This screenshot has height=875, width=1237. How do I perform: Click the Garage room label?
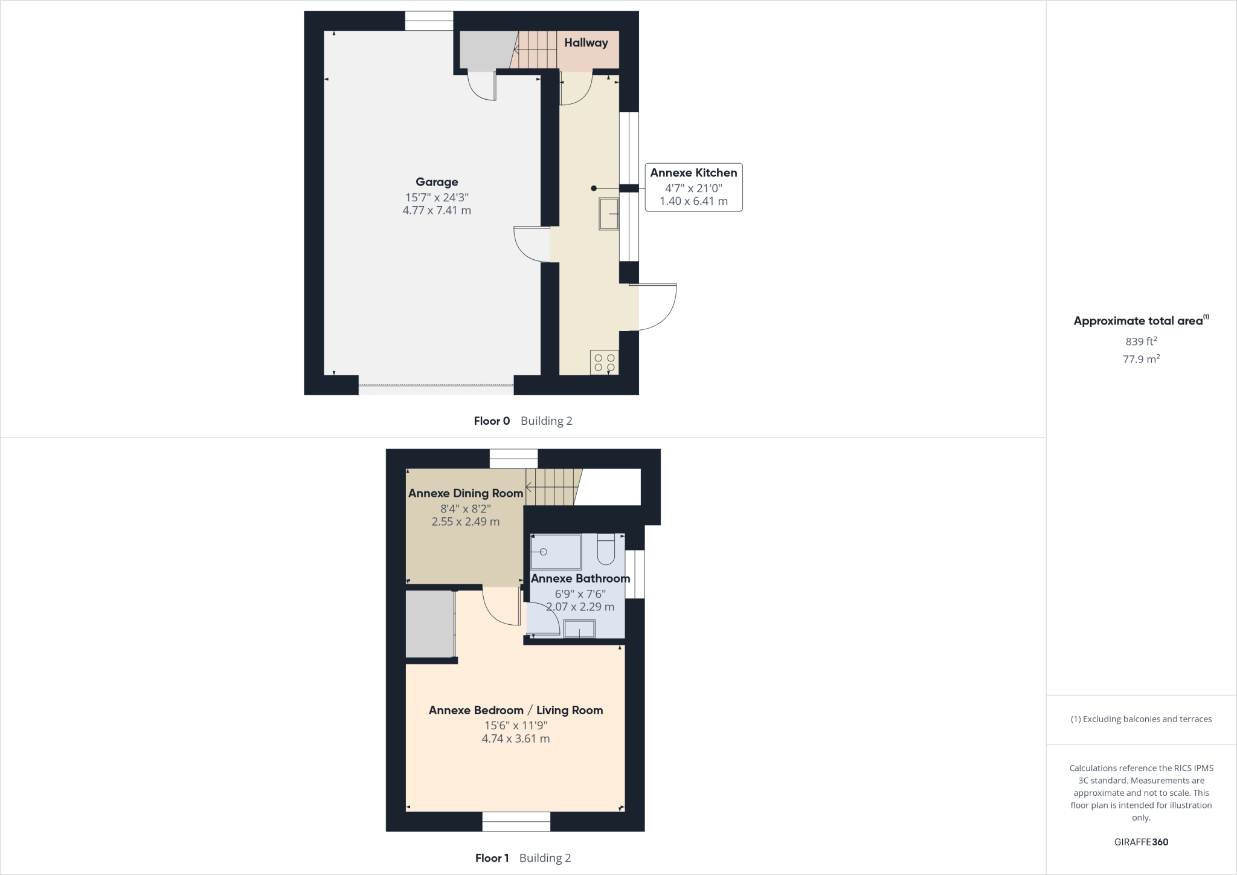tap(437, 182)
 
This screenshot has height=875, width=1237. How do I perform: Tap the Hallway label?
tap(586, 43)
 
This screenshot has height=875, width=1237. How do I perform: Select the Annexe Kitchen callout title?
tap(693, 173)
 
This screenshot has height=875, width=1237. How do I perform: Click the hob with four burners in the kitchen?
tap(605, 363)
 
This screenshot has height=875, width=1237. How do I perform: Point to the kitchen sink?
tap(609, 213)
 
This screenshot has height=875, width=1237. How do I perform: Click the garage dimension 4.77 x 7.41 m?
tap(437, 210)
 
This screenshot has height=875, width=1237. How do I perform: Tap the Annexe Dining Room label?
tap(466, 493)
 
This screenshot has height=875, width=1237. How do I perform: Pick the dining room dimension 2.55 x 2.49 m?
tap(466, 521)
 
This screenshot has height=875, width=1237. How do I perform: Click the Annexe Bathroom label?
tap(580, 578)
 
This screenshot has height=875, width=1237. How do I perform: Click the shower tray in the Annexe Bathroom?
tap(555, 552)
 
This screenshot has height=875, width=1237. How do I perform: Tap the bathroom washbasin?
tap(579, 630)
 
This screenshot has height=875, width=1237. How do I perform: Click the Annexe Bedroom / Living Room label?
tap(516, 710)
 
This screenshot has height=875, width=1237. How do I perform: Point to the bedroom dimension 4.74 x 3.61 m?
tap(516, 738)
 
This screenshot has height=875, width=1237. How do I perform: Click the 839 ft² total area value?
tap(1141, 341)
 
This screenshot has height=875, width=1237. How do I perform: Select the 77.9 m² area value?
tap(1141, 359)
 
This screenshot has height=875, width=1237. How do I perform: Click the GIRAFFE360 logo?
tap(1141, 842)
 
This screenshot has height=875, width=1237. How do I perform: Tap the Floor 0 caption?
tap(492, 421)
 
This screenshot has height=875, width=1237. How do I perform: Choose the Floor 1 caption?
tap(492, 858)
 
